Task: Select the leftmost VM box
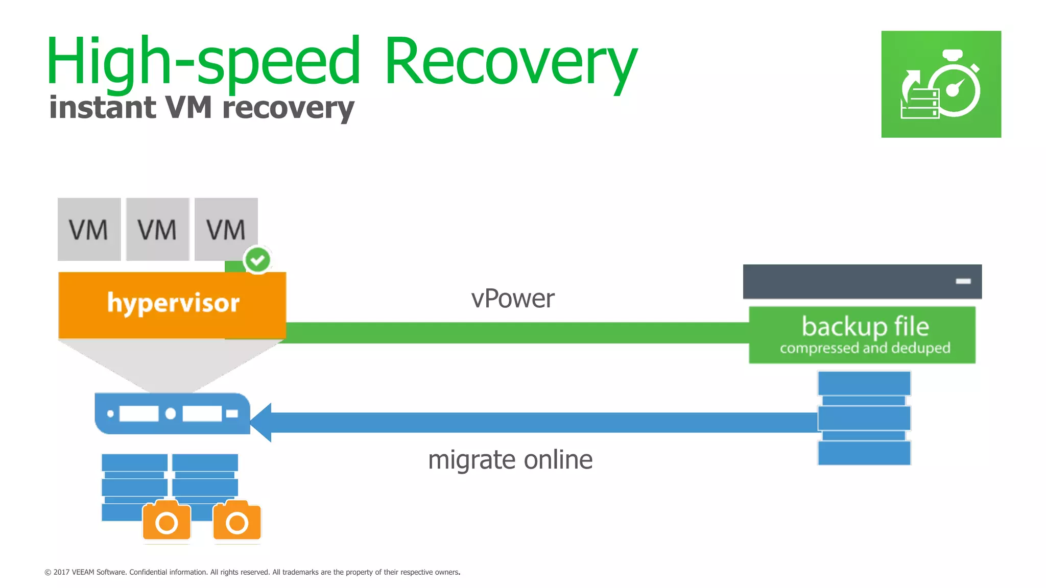coord(89,229)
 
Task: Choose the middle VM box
coord(157,229)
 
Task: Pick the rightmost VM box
coord(226,229)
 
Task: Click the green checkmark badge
coord(257,260)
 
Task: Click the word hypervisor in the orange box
coord(173,303)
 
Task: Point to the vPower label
coord(512,299)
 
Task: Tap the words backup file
coord(865,326)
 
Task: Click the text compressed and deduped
coord(865,348)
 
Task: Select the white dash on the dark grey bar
coord(963,281)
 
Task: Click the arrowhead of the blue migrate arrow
coord(261,422)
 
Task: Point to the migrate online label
coord(510,460)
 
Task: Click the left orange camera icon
coord(167,521)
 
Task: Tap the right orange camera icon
coord(237,521)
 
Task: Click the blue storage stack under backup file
coord(864,418)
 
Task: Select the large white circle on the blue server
coord(171,413)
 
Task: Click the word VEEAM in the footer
coord(83,572)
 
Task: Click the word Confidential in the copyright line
coord(148,572)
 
